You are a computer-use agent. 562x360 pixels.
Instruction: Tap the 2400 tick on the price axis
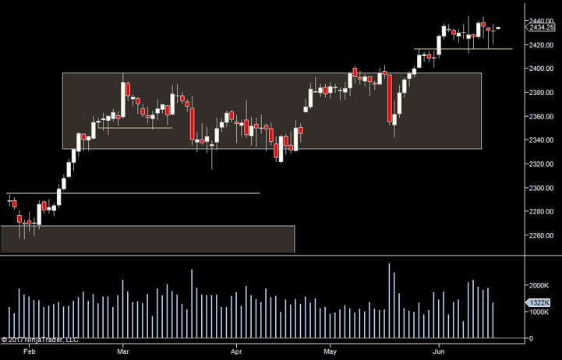(539, 69)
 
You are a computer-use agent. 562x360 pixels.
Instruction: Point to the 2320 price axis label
(539, 164)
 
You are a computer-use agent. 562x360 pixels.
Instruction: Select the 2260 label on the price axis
(539, 236)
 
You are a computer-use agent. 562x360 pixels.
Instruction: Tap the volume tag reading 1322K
(539, 303)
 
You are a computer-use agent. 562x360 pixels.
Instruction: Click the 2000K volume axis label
(540, 285)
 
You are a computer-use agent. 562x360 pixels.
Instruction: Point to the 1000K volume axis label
(540, 312)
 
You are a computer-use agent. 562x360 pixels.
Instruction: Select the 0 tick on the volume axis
(531, 339)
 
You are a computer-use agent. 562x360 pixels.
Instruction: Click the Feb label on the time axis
(30, 351)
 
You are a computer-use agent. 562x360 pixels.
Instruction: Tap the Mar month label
(123, 351)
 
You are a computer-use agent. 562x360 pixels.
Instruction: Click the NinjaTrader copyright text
(40, 340)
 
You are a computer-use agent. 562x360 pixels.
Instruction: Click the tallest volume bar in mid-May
(389, 301)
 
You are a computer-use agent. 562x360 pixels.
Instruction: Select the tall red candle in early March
(124, 91)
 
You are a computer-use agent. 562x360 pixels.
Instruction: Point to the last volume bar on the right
(493, 320)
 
